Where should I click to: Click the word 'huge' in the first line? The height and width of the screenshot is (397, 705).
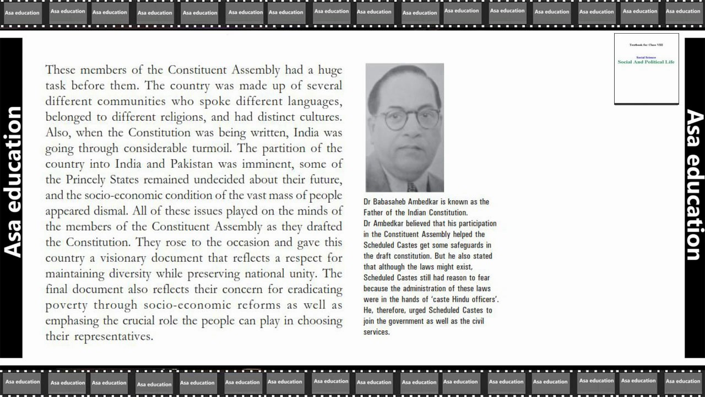[329, 71]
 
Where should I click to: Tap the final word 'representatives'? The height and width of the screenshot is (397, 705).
[114, 337]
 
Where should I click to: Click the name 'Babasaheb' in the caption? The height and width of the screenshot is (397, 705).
[394, 202]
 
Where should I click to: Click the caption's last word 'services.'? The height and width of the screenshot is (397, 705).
[377, 332]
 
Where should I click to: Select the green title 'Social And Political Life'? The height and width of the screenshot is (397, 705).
[646, 62]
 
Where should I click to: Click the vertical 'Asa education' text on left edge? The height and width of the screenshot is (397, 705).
[12, 182]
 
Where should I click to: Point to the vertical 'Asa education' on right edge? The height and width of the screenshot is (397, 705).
[694, 185]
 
